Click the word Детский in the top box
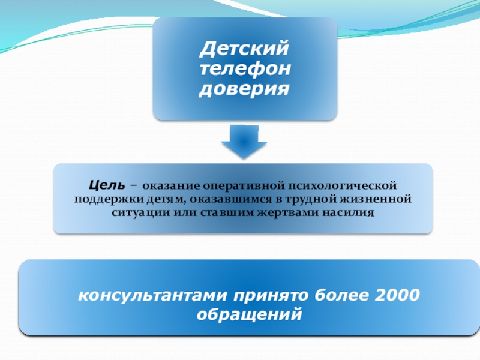click(244, 46)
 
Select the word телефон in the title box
click(244, 68)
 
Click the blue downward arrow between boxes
click(244, 142)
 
